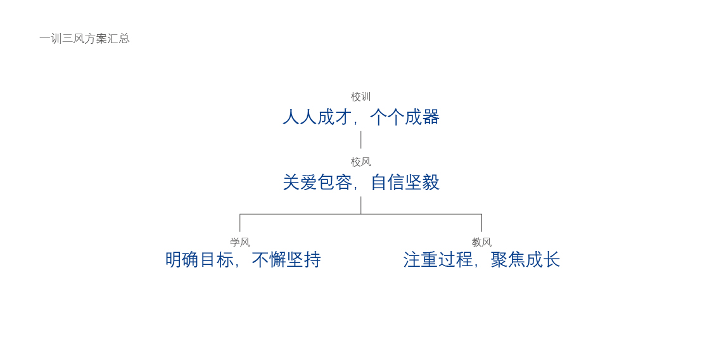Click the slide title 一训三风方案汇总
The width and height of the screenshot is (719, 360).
tap(84, 39)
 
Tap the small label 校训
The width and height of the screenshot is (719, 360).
tap(360, 97)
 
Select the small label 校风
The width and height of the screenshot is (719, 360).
tap(360, 162)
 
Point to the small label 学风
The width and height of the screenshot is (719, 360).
tap(239, 242)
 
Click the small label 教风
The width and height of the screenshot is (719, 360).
tap(481, 242)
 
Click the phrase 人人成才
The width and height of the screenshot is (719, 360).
tap(317, 117)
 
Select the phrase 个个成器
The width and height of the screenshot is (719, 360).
tap(405, 117)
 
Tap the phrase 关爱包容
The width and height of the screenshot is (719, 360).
tap(317, 183)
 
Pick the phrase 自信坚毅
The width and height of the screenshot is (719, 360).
tap(405, 183)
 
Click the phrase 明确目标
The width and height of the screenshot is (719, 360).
tap(200, 260)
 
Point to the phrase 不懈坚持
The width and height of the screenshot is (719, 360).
tap(286, 260)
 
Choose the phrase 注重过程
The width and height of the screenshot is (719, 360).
tap(438, 260)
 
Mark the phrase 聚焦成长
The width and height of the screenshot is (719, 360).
tap(525, 260)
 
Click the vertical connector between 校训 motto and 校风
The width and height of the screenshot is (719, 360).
tap(361, 139)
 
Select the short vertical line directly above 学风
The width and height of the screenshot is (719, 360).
tap(239, 223)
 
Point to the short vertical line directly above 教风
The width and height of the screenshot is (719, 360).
tap(481, 223)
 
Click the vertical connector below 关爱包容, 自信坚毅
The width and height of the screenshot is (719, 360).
tap(361, 205)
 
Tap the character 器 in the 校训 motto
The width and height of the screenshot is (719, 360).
tap(431, 117)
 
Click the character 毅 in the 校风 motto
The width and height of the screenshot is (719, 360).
tap(431, 183)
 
